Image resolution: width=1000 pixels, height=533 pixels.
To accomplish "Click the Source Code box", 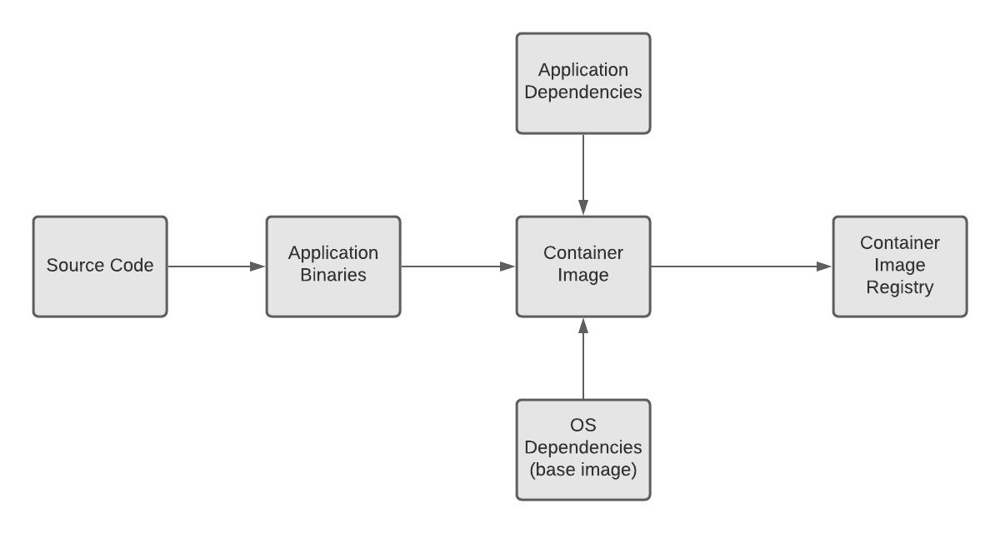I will pyautogui.click(x=100, y=266).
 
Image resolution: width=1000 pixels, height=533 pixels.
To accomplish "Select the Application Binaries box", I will pyautogui.click(x=333, y=266).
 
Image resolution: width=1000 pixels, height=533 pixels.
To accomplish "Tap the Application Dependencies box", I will pyautogui.click(x=583, y=83).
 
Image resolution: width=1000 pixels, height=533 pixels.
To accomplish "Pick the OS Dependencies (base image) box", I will pyautogui.click(x=583, y=450).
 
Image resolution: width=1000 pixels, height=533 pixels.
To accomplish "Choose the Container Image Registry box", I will pyautogui.click(x=900, y=266).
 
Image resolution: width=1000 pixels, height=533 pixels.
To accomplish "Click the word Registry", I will pyautogui.click(x=900, y=288).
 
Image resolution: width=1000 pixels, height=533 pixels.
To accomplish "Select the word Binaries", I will pyautogui.click(x=333, y=275).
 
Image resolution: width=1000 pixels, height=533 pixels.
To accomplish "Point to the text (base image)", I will pyautogui.click(x=583, y=470).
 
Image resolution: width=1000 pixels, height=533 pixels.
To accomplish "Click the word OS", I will pyautogui.click(x=583, y=426).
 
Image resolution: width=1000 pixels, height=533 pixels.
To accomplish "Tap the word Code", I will pyautogui.click(x=134, y=266).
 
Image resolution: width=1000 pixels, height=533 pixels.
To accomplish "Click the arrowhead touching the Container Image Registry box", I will pyautogui.click(x=824, y=266).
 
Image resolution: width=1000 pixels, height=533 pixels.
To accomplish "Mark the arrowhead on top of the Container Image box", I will pyautogui.click(x=583, y=207).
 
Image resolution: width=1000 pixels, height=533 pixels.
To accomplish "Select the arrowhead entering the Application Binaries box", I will pyautogui.click(x=257, y=266).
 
